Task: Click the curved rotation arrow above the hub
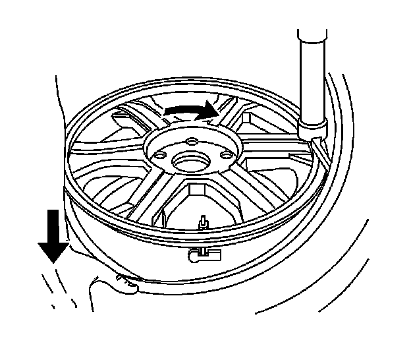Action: tap(192, 111)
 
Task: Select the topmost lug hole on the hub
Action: tap(189, 140)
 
